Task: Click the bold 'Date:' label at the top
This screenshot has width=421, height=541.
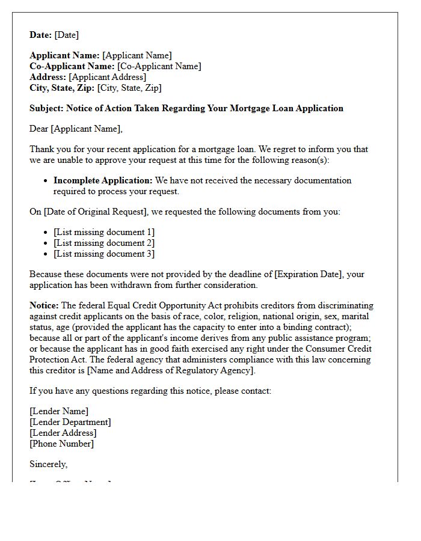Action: (41, 35)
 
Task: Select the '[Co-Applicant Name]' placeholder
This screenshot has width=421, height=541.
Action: (159, 66)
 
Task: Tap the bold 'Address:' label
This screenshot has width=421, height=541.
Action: (48, 77)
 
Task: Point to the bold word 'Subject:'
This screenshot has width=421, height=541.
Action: (46, 108)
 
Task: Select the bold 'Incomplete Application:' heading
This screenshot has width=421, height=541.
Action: (103, 180)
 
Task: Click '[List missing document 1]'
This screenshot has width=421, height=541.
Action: (104, 232)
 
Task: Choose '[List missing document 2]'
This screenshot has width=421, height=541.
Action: (104, 243)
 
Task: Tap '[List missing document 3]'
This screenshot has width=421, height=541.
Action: (104, 254)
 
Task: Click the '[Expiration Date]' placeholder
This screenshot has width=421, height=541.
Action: (309, 274)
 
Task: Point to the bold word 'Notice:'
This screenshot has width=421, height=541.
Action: (44, 305)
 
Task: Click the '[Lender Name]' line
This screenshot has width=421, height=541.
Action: (59, 411)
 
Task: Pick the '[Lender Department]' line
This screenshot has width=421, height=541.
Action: (70, 422)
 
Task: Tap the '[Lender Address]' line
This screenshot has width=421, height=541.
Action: (63, 433)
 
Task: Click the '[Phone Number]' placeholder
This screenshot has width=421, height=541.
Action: (61, 444)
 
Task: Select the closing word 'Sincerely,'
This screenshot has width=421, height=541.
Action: (49, 464)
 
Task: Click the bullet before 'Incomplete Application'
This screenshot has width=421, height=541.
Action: (47, 181)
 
